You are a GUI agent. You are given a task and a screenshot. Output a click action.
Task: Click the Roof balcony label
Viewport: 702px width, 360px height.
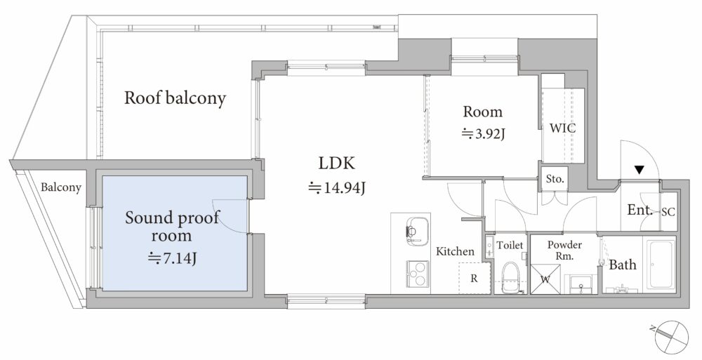(x=175, y=98)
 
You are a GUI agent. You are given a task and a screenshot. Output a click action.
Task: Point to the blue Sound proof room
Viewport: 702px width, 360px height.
(x=175, y=233)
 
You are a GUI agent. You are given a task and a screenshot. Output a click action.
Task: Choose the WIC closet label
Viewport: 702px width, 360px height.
(x=563, y=128)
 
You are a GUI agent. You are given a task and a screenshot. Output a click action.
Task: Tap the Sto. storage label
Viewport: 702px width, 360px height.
(x=555, y=179)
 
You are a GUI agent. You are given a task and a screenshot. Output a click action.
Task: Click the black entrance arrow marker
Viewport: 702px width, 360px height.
(x=640, y=170)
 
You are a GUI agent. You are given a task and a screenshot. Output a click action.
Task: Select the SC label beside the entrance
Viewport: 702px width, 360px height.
(x=668, y=213)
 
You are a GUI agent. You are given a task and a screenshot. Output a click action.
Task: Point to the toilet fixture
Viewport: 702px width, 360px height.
(x=510, y=276)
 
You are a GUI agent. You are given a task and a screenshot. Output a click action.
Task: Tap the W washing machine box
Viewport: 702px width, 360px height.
(x=545, y=279)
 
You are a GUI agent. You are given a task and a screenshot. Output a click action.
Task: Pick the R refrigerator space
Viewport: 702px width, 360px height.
(x=474, y=279)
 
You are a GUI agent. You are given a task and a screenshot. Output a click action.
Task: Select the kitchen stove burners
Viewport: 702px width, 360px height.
(x=417, y=274)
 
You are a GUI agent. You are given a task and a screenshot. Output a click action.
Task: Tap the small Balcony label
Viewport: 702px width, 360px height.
(x=61, y=187)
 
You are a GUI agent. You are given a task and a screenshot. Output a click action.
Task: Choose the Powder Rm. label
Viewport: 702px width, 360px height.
(x=564, y=251)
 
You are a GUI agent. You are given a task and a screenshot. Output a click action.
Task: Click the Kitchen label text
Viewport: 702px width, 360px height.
(x=456, y=252)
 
